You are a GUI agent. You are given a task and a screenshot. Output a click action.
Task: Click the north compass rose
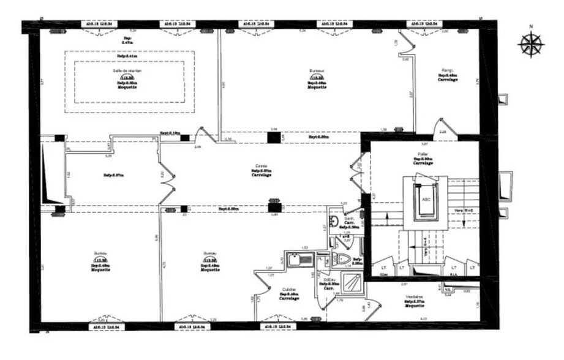point(530,44)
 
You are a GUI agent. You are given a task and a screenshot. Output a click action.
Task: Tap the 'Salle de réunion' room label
point(128,70)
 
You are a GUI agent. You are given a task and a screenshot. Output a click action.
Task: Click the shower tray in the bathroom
point(352,282)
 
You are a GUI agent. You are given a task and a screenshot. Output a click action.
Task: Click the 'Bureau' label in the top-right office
point(317,70)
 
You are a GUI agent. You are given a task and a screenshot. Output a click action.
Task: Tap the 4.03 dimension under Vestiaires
point(424,318)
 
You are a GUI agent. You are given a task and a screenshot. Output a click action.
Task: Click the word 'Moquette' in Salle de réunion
point(127,87)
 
